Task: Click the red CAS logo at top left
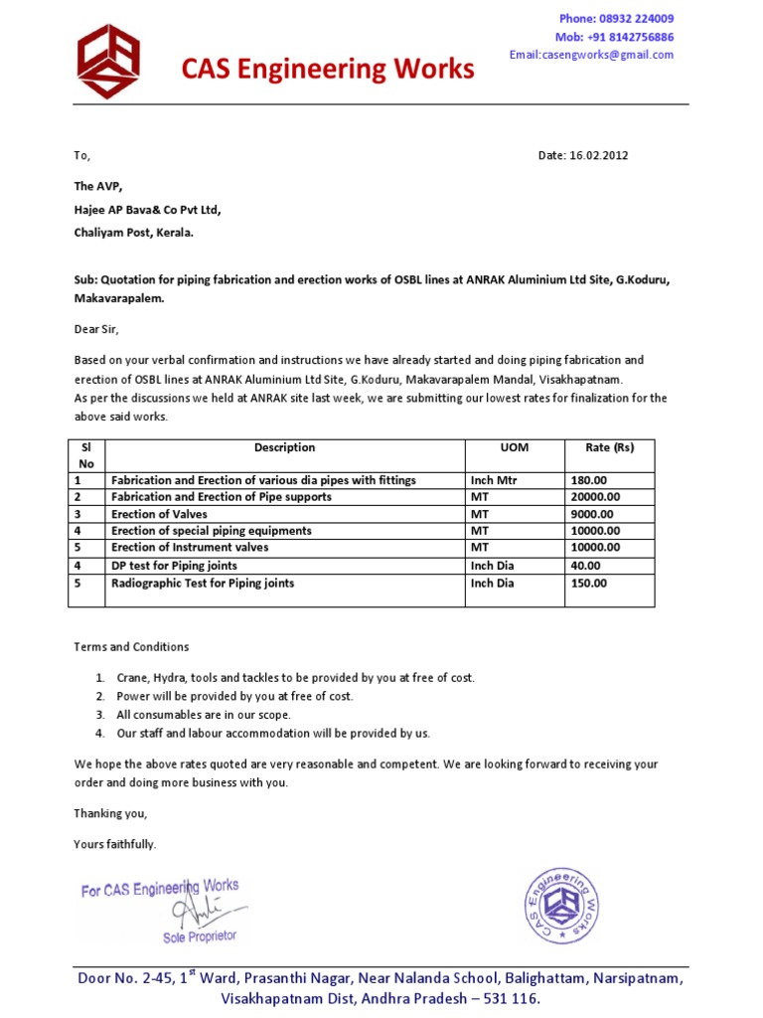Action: coord(108,62)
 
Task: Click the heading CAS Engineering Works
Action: coord(327,69)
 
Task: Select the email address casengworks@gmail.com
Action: coord(591,55)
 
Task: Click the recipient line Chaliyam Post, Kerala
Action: coord(134,233)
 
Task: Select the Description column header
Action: coord(284,448)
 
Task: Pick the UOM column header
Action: coord(514,448)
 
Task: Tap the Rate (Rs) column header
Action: coord(609,448)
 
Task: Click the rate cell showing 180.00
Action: coord(588,480)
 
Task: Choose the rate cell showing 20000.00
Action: coord(594,497)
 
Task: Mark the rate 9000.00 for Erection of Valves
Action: coord(591,514)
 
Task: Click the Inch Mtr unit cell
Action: coord(495,480)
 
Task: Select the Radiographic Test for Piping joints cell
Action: coord(203,584)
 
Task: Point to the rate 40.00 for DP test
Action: coord(585,566)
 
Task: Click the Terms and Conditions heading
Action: coord(131,646)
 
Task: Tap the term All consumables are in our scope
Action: coord(204,715)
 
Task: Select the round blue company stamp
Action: coord(563,905)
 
